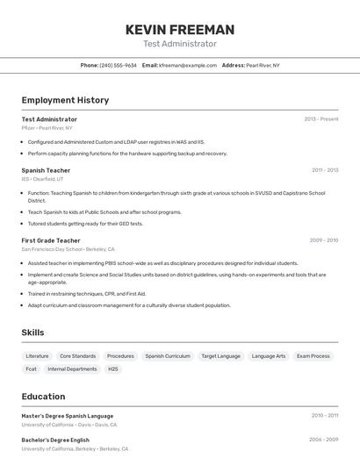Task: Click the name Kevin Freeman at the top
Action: click(180, 29)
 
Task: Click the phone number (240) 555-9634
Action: click(118, 65)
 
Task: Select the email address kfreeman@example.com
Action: click(188, 65)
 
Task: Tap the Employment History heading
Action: click(65, 100)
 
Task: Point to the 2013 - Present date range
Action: click(320, 119)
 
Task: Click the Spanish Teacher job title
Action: click(46, 170)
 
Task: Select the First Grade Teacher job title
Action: click(51, 240)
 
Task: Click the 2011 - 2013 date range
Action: click(325, 170)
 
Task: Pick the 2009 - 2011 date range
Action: click(324, 240)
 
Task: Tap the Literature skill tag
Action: click(37, 356)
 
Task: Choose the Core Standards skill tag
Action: click(78, 356)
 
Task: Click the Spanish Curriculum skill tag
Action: click(168, 356)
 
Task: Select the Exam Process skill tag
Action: click(313, 356)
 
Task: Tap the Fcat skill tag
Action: click(31, 369)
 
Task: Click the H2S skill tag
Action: click(113, 369)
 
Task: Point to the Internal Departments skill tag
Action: click(72, 369)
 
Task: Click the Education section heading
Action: click(43, 397)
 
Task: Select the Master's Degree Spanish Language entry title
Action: click(68, 416)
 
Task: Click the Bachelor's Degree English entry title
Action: click(55, 440)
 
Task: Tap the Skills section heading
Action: click(32, 333)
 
